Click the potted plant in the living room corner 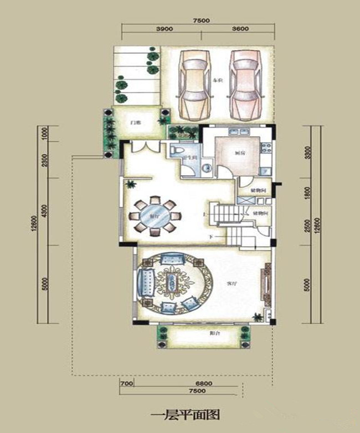point(258,317)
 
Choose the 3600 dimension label point(239,29)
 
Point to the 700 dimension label point(126,383)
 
